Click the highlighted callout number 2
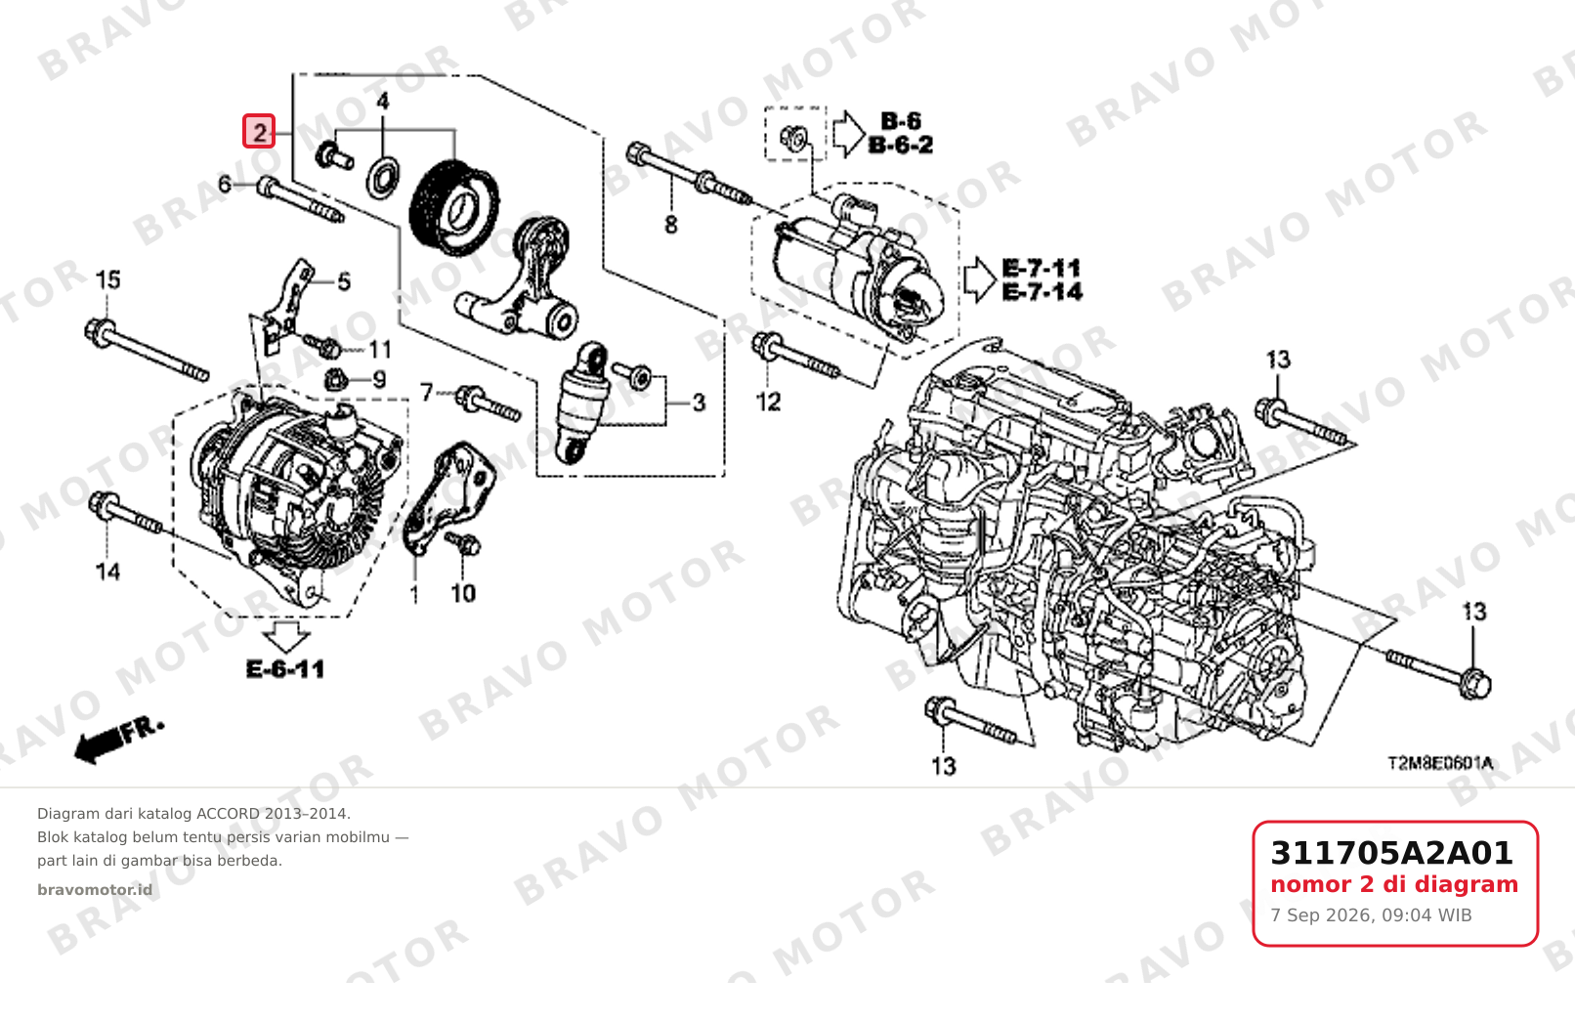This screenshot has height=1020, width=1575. (259, 132)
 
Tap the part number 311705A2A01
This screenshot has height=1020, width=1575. (1391, 853)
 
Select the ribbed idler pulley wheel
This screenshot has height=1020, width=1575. (454, 208)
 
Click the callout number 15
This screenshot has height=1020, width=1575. (107, 279)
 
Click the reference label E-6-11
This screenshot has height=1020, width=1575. (285, 668)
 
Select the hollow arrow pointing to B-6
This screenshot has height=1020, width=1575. (849, 133)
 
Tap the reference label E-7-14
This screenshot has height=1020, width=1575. (1043, 291)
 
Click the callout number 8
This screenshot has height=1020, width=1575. (671, 225)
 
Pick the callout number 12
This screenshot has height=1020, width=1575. (769, 402)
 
